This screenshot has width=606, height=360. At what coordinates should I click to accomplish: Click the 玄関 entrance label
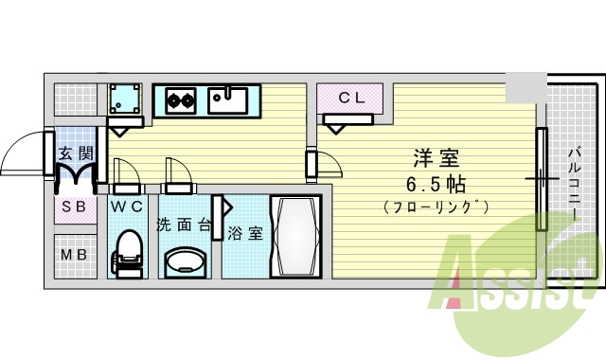click(75, 153)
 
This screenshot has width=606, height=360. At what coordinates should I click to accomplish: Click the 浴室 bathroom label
click(245, 233)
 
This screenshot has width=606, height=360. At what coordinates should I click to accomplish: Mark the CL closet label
click(351, 97)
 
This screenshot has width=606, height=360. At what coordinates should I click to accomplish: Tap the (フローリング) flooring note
click(436, 207)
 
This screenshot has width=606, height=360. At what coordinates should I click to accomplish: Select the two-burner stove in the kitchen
click(182, 98)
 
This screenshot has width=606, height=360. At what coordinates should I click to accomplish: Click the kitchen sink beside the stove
click(229, 98)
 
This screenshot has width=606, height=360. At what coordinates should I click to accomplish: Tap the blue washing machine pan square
click(124, 99)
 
